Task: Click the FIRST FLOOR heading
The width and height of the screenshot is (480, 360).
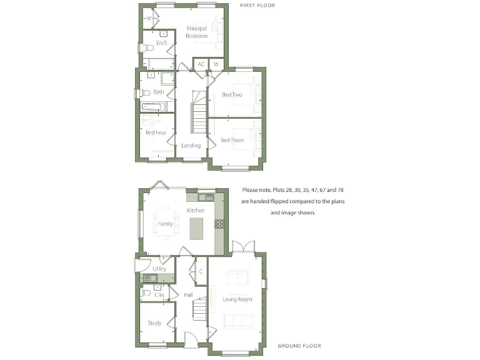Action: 257,5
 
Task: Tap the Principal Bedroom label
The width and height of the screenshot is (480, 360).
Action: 197,32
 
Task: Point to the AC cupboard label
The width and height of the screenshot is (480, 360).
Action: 201,64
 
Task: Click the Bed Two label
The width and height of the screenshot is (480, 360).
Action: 232,95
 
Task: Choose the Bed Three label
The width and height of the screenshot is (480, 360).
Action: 232,141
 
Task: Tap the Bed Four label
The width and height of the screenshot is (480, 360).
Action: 155,132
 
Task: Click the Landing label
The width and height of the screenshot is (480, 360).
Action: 191,146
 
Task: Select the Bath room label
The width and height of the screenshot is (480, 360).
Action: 159,92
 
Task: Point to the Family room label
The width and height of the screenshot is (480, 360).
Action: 166,223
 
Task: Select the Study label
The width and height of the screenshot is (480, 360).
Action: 154,323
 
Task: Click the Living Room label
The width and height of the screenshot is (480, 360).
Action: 237,299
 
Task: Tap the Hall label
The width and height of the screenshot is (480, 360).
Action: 188,294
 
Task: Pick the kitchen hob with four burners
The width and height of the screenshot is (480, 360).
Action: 219,223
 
